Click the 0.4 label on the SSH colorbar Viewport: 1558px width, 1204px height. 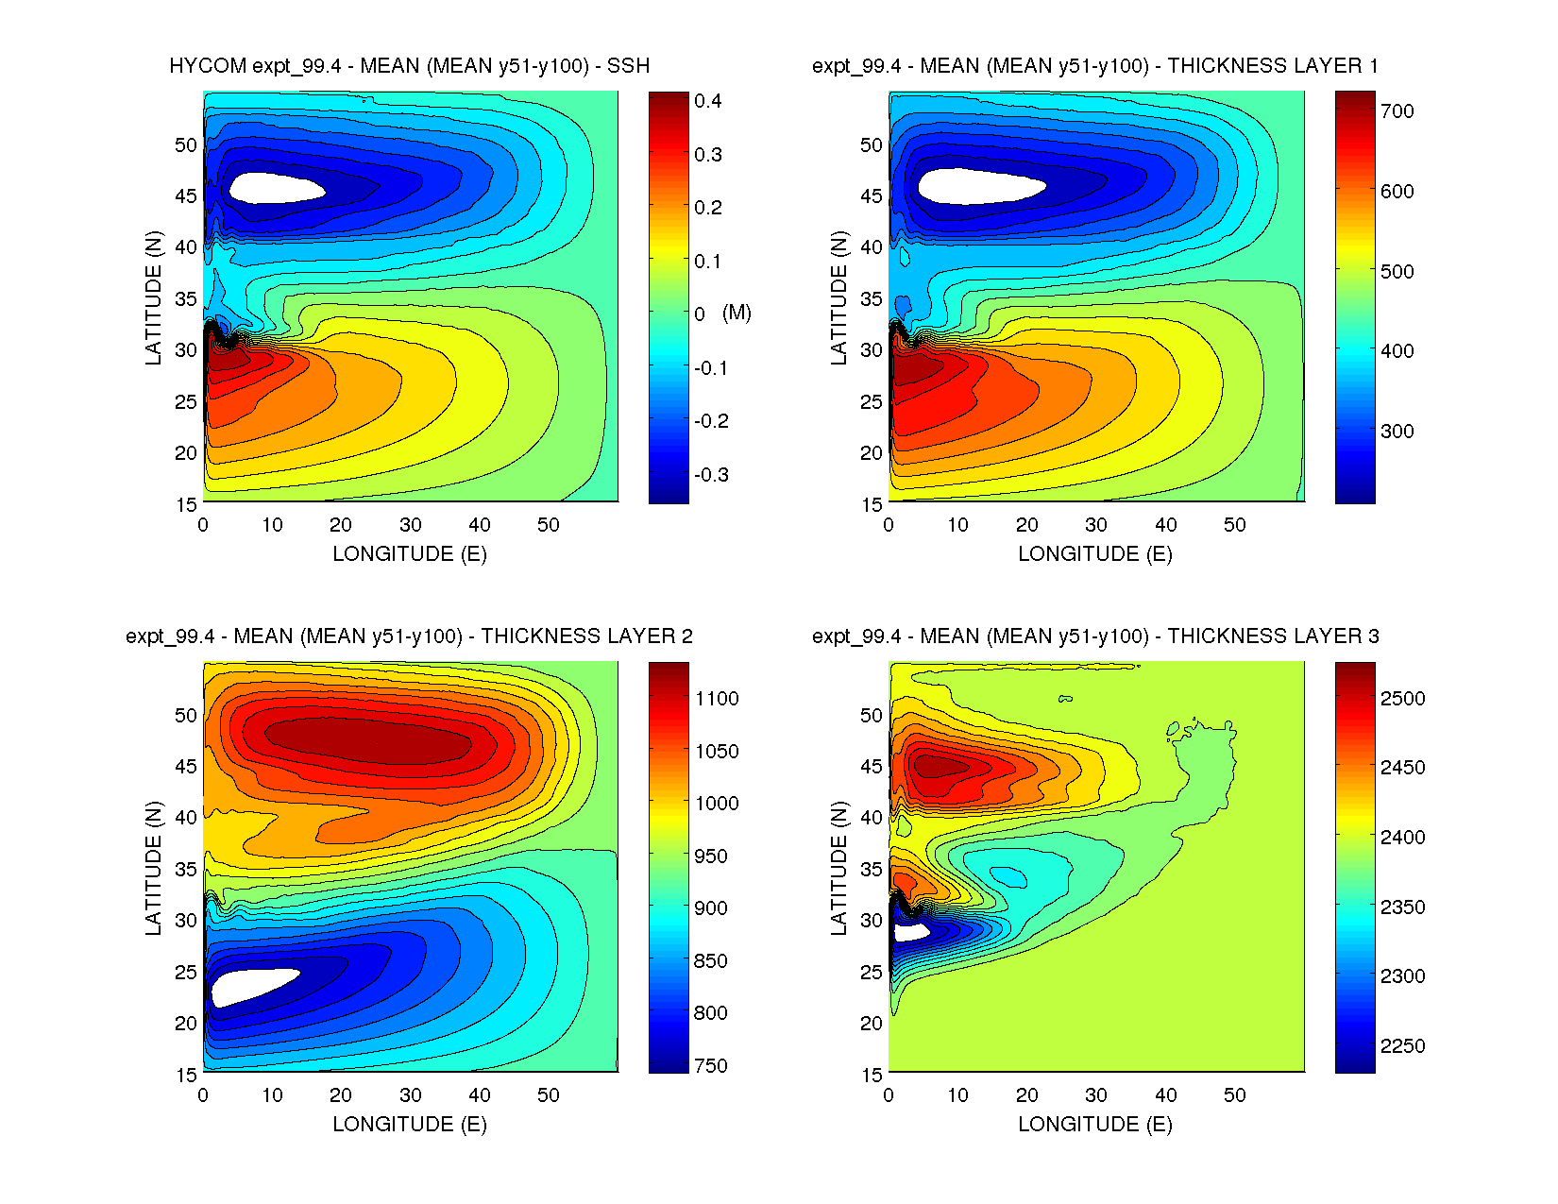(707, 101)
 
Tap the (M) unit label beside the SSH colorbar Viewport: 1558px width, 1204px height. (737, 313)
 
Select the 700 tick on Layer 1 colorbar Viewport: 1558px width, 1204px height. (1397, 110)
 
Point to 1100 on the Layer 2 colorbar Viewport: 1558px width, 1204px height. (717, 698)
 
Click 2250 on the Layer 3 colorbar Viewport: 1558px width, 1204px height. (1402, 1045)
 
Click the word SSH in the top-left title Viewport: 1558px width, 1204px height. (628, 66)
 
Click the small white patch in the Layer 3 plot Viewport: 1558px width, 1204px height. (910, 931)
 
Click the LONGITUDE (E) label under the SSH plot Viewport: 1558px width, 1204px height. (410, 554)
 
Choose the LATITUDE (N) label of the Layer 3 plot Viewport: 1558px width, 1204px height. (838, 869)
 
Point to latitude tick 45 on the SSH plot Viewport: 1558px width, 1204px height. (186, 196)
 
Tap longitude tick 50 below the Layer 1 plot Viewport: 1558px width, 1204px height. (1234, 525)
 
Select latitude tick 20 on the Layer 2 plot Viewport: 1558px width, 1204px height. (186, 1023)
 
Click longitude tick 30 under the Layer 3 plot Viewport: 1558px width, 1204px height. (1095, 1095)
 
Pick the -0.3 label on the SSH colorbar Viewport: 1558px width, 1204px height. (711, 474)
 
